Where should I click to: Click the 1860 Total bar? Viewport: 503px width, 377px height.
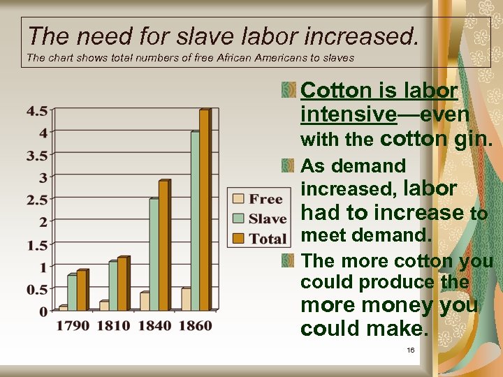(204, 209)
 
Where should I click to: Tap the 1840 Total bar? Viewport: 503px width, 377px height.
(163, 245)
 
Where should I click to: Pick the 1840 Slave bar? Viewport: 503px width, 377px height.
(154, 254)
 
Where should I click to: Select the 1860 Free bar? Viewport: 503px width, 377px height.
(185, 300)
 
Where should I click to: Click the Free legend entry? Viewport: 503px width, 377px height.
(258, 200)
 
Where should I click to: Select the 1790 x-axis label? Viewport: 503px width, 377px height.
(73, 326)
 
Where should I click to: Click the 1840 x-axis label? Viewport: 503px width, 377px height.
(154, 326)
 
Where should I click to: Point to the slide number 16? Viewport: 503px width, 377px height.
(410, 350)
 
